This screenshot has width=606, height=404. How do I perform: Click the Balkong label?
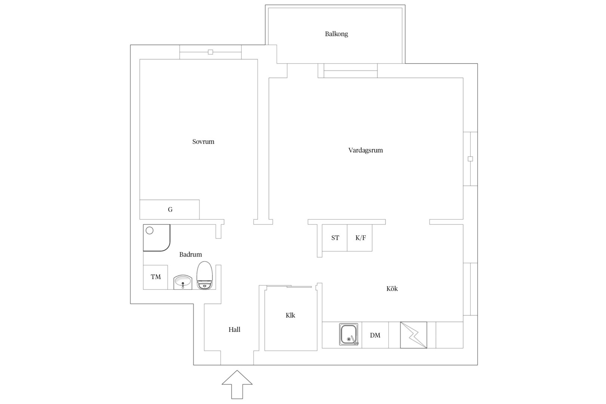click(x=336, y=34)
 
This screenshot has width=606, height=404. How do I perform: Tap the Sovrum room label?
click(x=203, y=141)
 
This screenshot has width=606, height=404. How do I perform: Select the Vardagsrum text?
click(x=365, y=150)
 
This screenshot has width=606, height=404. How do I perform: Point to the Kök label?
click(x=392, y=289)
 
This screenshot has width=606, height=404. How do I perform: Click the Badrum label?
click(x=190, y=254)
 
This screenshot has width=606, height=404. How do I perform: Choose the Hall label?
click(x=234, y=330)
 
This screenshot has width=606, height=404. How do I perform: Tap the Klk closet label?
click(x=290, y=315)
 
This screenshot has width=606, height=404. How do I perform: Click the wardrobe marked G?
click(x=169, y=209)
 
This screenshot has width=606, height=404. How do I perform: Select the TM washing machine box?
click(x=155, y=277)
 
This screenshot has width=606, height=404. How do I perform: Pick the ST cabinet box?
click(x=335, y=238)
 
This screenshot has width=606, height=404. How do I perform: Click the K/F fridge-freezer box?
click(x=360, y=238)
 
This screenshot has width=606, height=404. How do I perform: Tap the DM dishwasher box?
click(x=375, y=335)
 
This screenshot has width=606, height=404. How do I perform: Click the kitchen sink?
click(x=349, y=334)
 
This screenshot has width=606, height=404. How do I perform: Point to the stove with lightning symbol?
click(x=414, y=335)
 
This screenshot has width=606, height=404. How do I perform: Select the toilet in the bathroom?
click(x=205, y=275)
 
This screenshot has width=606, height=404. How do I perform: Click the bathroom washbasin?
click(x=183, y=282)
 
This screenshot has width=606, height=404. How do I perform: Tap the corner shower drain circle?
click(x=150, y=230)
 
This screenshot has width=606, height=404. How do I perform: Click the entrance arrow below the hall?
click(x=237, y=385)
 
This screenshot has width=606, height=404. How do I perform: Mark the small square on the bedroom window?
click(x=211, y=52)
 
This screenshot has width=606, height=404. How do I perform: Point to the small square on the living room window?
click(x=471, y=159)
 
